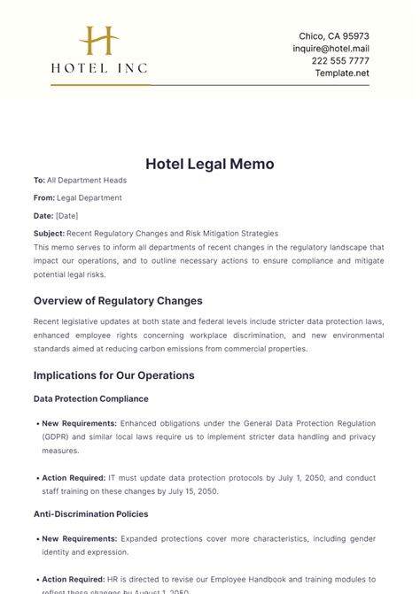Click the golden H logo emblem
[98, 41]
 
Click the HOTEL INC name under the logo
[99, 67]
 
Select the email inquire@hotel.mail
[331, 49]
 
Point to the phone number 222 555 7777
[341, 61]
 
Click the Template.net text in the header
[342, 73]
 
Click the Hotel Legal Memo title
[210, 164]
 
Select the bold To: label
[39, 180]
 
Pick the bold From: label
[44, 197]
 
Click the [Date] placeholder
[67, 215]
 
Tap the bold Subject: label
[50, 233]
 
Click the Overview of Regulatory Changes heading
[118, 300]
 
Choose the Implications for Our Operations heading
[113, 374]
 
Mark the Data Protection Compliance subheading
[90, 398]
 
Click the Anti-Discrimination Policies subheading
[90, 513]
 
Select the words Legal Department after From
[89, 197]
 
